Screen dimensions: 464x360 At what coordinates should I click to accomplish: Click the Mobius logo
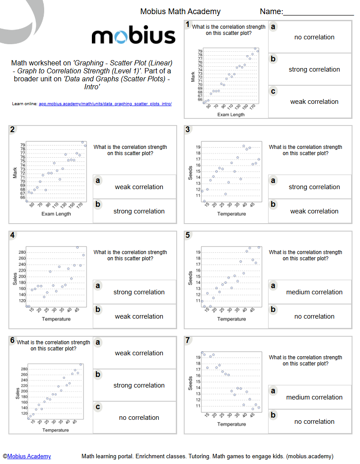point(133,36)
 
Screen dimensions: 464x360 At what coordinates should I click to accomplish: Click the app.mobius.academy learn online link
point(105,104)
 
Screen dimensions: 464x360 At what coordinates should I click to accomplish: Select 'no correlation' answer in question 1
point(314,37)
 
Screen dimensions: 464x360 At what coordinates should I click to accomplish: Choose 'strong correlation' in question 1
point(314,69)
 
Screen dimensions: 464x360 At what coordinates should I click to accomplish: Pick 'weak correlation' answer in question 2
point(139,187)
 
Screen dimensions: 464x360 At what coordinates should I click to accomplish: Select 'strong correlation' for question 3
point(314,187)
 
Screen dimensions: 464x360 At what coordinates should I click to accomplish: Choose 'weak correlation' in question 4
point(139,316)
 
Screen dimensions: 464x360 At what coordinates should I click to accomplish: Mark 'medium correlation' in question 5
point(314,292)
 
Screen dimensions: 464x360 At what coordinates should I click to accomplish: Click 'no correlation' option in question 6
point(139,418)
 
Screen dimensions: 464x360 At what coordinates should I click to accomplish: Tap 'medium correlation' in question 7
point(314,397)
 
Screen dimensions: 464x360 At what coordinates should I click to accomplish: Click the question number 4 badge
point(13,235)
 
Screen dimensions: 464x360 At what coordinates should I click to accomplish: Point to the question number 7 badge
point(188,340)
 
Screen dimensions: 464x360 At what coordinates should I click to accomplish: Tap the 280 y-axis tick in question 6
point(24,369)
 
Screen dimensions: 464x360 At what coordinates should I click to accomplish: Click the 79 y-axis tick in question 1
point(200,51)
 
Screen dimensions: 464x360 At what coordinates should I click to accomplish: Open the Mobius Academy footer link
point(29,456)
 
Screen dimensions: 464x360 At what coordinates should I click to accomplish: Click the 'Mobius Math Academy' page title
point(180,11)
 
